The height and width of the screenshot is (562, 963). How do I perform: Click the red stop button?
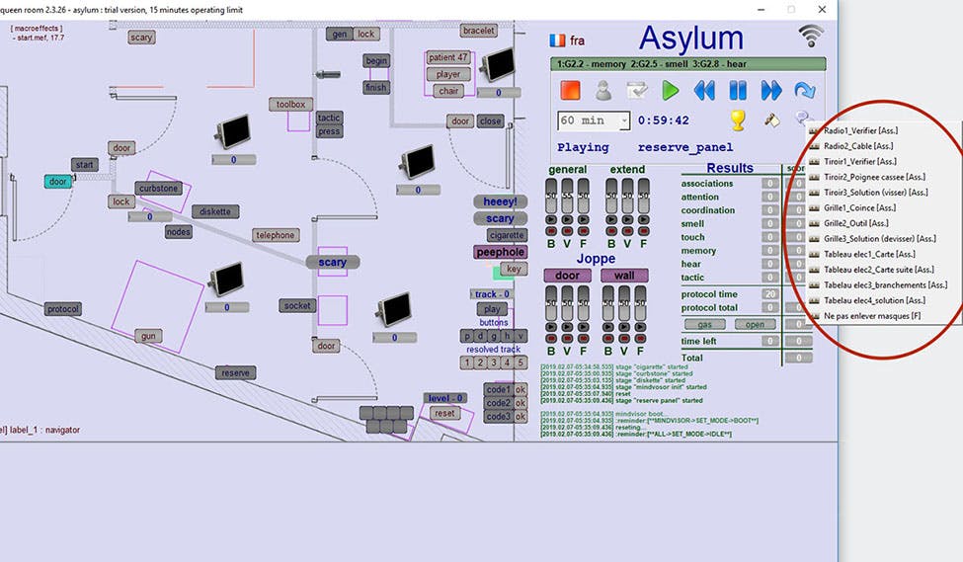coord(570,90)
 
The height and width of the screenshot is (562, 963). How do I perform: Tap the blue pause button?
coord(738,90)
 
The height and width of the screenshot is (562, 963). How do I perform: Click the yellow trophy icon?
coord(737,120)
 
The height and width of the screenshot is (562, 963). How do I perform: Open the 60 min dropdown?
coord(622,120)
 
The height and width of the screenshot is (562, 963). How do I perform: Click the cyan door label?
coord(58,182)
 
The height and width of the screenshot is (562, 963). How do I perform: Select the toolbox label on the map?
coord(291,104)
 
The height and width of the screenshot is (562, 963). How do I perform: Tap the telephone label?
coord(276,235)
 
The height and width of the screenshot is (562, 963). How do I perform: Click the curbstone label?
coord(158,189)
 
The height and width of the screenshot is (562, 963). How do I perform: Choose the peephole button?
coord(501,252)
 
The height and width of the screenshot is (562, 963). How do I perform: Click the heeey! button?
coord(500,201)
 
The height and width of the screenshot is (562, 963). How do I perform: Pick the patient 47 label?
coord(448,57)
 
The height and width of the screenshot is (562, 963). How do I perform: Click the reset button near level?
coord(444,413)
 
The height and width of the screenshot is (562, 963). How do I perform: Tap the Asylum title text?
coord(690,38)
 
